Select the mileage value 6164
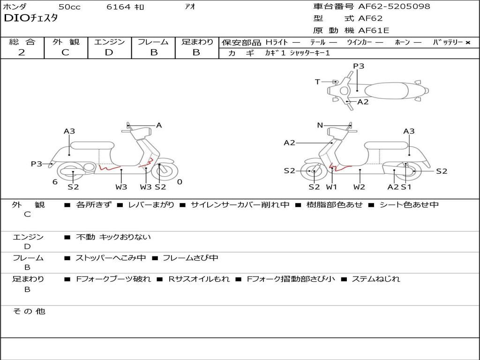coord(119,7)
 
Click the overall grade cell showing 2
coord(22,52)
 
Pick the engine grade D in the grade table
coord(109,52)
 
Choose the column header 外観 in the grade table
coord(66,42)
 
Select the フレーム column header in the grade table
coord(153,42)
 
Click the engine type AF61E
coord(374,31)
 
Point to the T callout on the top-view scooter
coord(317,82)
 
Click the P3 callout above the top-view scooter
coord(359,66)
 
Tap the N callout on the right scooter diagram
coord(320,125)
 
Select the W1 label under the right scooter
coord(331,187)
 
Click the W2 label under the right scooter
coord(360,187)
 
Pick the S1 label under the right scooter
coord(406,187)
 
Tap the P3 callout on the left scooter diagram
coord(37,164)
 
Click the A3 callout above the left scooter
coord(69,131)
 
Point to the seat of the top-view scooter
coord(389,90)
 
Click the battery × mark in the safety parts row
coord(467,43)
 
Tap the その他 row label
coord(29,311)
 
